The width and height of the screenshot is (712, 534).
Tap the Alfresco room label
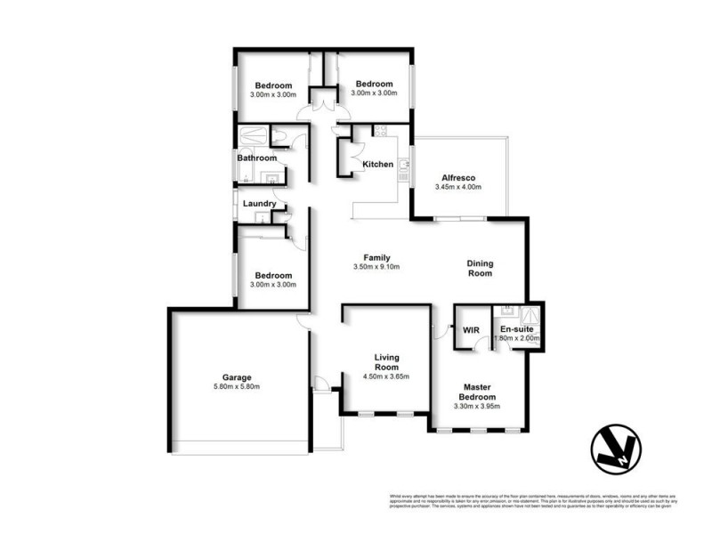(458, 177)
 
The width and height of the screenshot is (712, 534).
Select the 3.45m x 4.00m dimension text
(458, 188)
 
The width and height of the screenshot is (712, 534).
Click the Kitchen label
(377, 165)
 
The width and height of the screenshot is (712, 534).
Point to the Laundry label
(259, 204)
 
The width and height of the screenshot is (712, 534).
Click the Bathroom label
(256, 158)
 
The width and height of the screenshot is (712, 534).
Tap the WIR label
(471, 330)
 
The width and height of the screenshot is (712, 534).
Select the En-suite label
(516, 330)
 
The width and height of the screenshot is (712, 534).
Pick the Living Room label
(386, 362)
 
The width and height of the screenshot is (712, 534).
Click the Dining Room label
(481, 269)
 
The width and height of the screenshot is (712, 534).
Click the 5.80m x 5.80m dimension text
(236, 386)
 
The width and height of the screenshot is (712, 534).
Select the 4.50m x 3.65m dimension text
(386, 377)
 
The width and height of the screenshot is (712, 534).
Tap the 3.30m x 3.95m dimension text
(477, 407)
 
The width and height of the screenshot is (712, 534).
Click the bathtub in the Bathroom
(254, 136)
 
